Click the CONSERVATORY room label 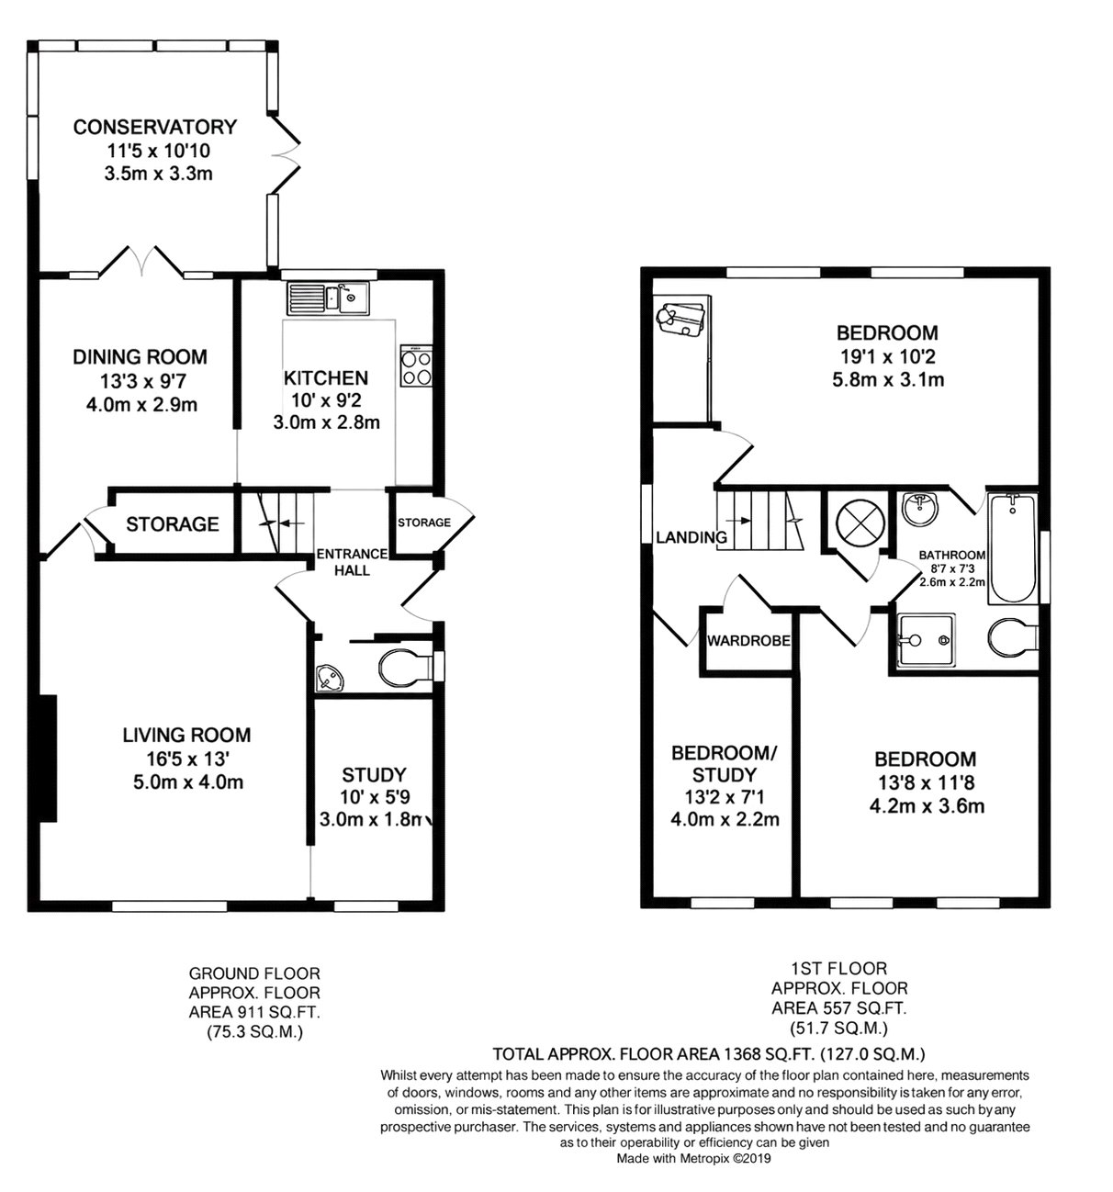pyautogui.click(x=155, y=128)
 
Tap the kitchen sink pyautogui.click(x=328, y=298)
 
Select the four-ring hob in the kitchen pyautogui.click(x=416, y=365)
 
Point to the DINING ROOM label pyautogui.click(x=140, y=357)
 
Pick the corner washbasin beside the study pyautogui.click(x=328, y=678)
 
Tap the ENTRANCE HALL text pyautogui.click(x=352, y=562)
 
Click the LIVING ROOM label pyautogui.click(x=186, y=736)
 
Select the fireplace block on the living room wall pyautogui.click(x=48, y=758)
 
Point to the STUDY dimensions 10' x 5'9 pyautogui.click(x=374, y=797)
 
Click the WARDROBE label pyautogui.click(x=748, y=641)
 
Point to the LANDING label pyautogui.click(x=691, y=537)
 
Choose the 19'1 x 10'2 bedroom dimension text pyautogui.click(x=888, y=357)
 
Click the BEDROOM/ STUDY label pyautogui.click(x=725, y=763)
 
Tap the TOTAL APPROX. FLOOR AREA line pyautogui.click(x=708, y=1053)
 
